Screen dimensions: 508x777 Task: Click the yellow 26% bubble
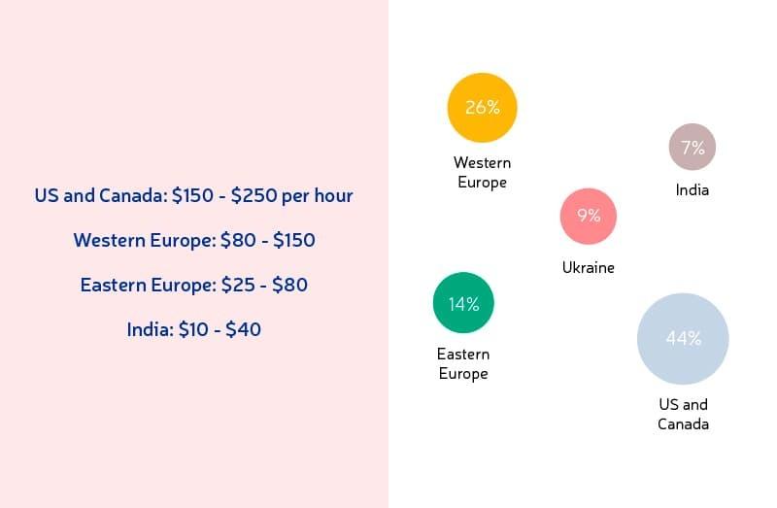pos(482,108)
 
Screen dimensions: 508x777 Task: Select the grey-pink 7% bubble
pos(693,148)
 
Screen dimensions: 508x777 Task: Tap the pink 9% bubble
pos(589,216)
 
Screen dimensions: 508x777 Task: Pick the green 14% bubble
pos(463,303)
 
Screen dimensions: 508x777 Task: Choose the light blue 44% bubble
pos(683,339)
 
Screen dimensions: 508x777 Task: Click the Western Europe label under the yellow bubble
pos(482,172)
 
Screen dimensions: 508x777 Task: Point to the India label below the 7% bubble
pos(693,190)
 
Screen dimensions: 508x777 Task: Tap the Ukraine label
pos(589,267)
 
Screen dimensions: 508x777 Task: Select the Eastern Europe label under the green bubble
pos(463,363)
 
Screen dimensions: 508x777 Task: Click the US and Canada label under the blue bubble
pos(683,414)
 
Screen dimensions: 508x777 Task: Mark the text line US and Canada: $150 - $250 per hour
pos(193,195)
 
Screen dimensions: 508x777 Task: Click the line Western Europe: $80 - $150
pos(194,240)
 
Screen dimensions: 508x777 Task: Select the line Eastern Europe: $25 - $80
pos(194,285)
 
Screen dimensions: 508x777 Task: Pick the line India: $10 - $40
pos(194,329)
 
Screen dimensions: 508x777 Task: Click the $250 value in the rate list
pos(253,195)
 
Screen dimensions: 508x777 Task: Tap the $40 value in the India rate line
pos(243,329)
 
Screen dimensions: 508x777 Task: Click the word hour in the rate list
pos(332,195)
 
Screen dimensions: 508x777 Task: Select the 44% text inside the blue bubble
pos(683,339)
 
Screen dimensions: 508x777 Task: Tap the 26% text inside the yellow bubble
pos(482,108)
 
